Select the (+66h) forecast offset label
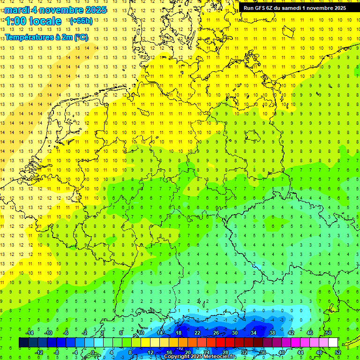click(x=81, y=21)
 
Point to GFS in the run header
click(x=261, y=8)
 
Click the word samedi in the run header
click(x=291, y=8)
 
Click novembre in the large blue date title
click(x=63, y=10)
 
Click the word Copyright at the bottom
click(x=177, y=357)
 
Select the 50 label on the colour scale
click(x=328, y=333)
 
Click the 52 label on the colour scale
click(x=337, y=352)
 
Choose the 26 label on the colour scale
click(x=216, y=333)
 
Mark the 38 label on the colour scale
click(x=272, y=333)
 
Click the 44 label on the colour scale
click(x=300, y=352)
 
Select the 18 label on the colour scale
click(x=179, y=333)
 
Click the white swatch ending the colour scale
click(x=333, y=343)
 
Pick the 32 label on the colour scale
click(x=244, y=352)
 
